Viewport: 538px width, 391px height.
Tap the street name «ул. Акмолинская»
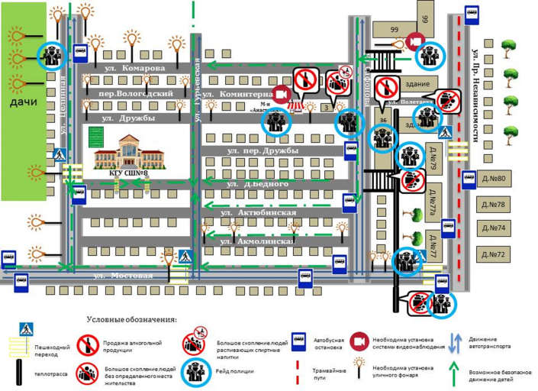(x=256, y=241)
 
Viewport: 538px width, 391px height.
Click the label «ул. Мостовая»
(x=123, y=274)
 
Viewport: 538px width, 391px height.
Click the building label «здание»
(x=417, y=84)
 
